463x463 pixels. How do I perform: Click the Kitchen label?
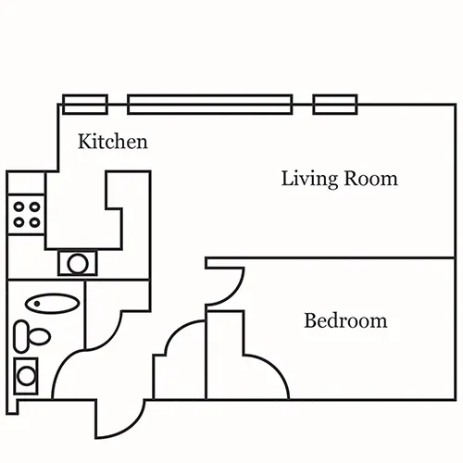pyautogui.click(x=113, y=142)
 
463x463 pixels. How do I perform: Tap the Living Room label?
pyautogui.click(x=340, y=179)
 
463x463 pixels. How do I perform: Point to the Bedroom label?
pyautogui.click(x=345, y=320)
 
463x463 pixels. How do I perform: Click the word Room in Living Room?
pyautogui.click(x=370, y=178)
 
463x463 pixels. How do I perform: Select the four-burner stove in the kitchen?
pyautogui.click(x=26, y=215)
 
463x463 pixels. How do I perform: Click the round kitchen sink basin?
pyautogui.click(x=78, y=264)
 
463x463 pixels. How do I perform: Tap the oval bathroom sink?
pyautogui.click(x=52, y=304)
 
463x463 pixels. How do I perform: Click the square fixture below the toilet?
pyautogui.click(x=26, y=376)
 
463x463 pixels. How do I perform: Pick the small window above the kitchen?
pyautogui.click(x=85, y=105)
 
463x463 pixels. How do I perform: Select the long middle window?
pyautogui.click(x=210, y=105)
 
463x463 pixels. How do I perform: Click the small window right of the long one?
pyautogui.click(x=335, y=105)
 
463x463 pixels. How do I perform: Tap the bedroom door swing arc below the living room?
pyautogui.click(x=233, y=294)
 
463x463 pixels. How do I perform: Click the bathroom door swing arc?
pyautogui.click(x=63, y=364)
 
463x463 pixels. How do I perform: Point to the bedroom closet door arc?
pyautogui.click(x=276, y=368)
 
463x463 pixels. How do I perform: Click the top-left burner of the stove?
pyautogui.click(x=19, y=206)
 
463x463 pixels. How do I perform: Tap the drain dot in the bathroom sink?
pyautogui.click(x=37, y=304)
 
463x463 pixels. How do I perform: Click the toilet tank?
pyautogui.click(x=21, y=336)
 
